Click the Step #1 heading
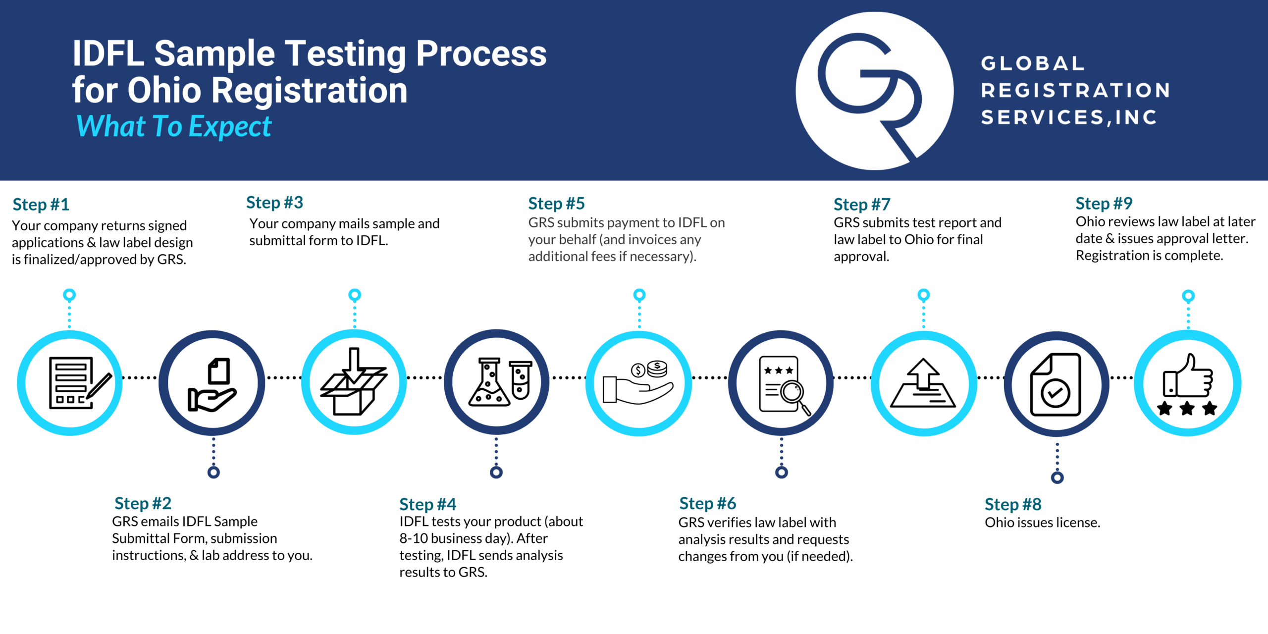click(41, 204)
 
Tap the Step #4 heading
click(427, 504)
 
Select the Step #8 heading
click(1012, 504)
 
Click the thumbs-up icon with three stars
click(1187, 384)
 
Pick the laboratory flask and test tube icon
click(497, 382)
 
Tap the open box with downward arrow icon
click(354, 382)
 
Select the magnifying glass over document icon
click(782, 384)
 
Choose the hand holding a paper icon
click(212, 384)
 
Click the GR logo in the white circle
click(874, 91)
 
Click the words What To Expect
click(173, 126)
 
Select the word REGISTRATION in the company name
click(1075, 90)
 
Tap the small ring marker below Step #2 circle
click(213, 472)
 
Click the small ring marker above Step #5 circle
click(639, 295)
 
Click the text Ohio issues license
click(1042, 522)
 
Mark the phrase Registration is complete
click(1149, 255)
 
